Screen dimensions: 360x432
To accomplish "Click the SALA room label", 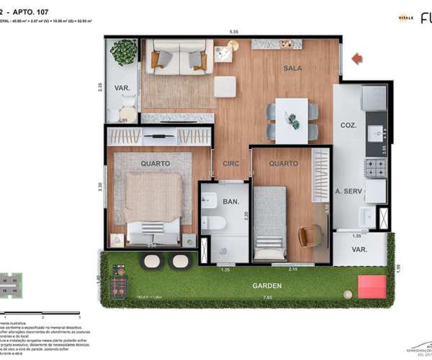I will pyautogui.click(x=292, y=68).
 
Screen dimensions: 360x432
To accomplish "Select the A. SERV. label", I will pyautogui.click(x=349, y=192).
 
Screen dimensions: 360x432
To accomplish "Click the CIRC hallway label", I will pyautogui.click(x=230, y=163).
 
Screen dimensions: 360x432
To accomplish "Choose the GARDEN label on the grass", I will pyautogui.click(x=267, y=286).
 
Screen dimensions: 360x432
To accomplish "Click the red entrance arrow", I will pyautogui.click(x=356, y=58).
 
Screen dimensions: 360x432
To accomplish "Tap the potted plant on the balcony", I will pyautogui.click(x=124, y=51).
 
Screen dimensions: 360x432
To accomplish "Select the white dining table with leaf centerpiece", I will pyautogui.click(x=292, y=120).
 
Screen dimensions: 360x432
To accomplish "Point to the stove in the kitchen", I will pyautogui.click(x=374, y=168).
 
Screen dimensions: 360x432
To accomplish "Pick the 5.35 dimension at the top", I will pyautogui.click(x=234, y=32).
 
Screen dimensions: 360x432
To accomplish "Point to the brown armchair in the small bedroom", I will pyautogui.click(x=309, y=235).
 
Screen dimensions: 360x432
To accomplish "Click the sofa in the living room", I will pyautogui.click(x=178, y=56).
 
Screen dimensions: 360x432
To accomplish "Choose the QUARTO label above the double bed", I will pyautogui.click(x=156, y=163).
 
